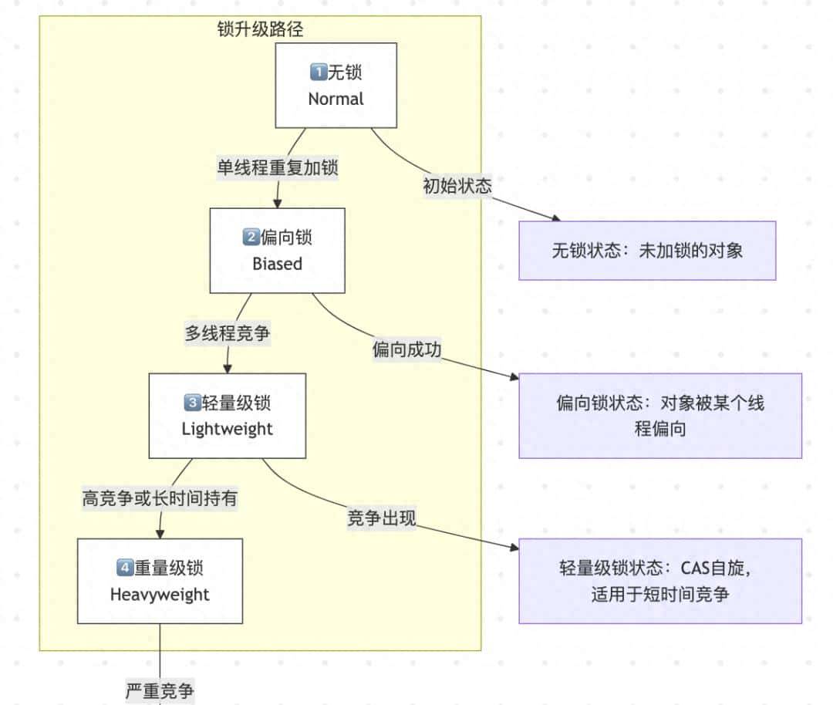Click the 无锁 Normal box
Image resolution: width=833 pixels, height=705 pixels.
[336, 85]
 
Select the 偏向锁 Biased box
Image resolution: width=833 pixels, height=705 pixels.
[278, 250]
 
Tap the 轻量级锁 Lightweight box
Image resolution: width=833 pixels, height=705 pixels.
[228, 415]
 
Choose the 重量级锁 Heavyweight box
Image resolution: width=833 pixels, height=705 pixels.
[160, 580]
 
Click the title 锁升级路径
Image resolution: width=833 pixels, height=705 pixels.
[261, 29]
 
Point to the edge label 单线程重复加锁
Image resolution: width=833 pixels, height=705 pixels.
[277, 167]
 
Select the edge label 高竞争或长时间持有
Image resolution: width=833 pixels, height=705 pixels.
[160, 498]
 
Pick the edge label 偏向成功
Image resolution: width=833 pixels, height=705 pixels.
[406, 349]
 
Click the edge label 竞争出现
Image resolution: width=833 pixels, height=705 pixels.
[381, 518]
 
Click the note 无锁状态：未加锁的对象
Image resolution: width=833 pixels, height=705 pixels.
[647, 250]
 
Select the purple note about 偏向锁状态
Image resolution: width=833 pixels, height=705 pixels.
[660, 415]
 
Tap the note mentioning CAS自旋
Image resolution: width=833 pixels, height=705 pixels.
[660, 580]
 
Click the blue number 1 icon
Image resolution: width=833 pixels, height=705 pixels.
[318, 73]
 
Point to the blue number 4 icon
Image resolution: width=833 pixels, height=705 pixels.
[125, 568]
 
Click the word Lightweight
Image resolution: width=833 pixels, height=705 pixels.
[228, 428]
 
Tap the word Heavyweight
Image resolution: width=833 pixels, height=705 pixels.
[160, 594]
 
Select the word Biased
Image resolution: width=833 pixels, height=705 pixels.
[278, 264]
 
